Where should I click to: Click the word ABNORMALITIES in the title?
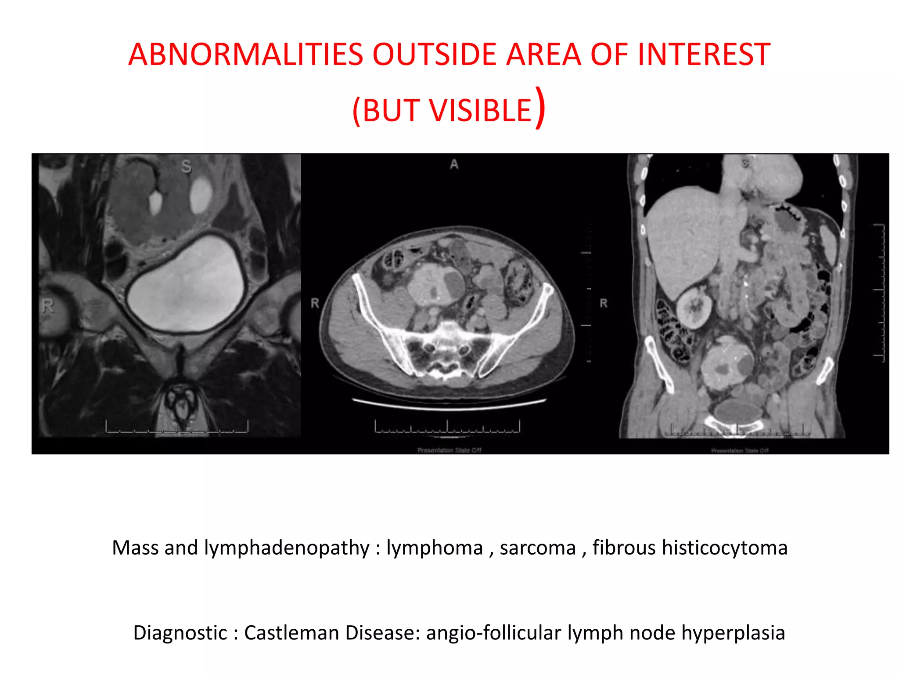coord(246,54)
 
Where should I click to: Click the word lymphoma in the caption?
coord(435,548)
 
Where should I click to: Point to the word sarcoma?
coord(538,548)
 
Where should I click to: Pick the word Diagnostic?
coord(180,633)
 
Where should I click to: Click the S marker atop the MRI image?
coord(187,167)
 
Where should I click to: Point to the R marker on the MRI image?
coord(48,305)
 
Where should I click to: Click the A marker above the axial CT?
coord(454,164)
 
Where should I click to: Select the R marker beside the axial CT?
coord(315,303)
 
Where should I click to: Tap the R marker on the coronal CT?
coord(604,303)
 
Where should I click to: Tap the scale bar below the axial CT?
coord(447,427)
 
